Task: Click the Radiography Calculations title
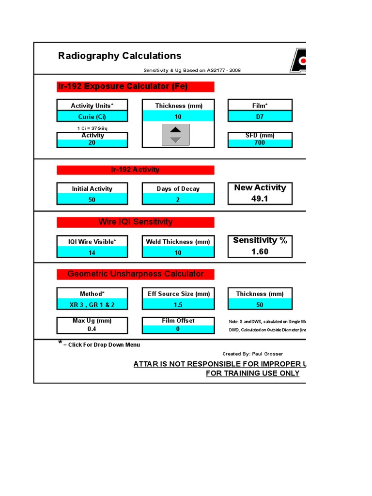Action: [120, 56]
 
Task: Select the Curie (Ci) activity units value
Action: [92, 116]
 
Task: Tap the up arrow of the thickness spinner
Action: [176, 129]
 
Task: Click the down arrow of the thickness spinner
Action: [176, 139]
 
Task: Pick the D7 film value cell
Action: [260, 116]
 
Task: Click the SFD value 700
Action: [260, 143]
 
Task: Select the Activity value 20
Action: [92, 143]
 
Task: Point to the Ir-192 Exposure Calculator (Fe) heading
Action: [123, 87]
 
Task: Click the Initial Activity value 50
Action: [92, 200]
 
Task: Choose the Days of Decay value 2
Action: [178, 200]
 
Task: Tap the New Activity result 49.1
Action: [260, 198]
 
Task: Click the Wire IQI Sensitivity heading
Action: [135, 222]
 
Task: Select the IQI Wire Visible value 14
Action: [92, 252]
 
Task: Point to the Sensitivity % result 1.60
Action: [260, 251]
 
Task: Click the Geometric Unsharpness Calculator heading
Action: [135, 274]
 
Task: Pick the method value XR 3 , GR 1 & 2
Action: [92, 305]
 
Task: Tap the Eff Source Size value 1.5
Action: [178, 305]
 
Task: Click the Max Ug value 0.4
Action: [92, 329]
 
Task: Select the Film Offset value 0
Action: [178, 329]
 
